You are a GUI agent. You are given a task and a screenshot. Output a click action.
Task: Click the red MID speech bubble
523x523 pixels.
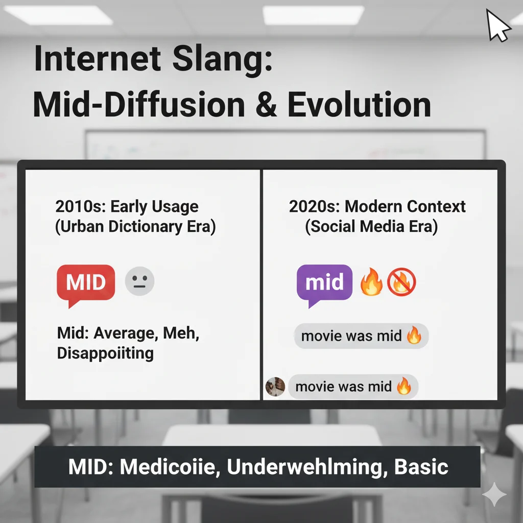[86, 283]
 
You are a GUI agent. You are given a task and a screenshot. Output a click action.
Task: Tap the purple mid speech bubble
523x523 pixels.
[324, 283]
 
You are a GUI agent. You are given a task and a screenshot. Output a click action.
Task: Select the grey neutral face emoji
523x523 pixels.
[139, 281]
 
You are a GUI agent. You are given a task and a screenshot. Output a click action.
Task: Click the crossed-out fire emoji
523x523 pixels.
[401, 282]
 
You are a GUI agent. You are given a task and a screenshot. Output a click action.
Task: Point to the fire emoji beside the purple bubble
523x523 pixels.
[371, 282]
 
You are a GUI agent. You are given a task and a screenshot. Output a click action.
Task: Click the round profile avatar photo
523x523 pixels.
[275, 387]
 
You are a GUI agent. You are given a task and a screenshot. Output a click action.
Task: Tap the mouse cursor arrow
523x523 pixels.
[497, 26]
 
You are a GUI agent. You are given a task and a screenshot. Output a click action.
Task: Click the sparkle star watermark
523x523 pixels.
[494, 494]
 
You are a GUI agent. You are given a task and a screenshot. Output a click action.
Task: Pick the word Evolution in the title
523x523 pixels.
[359, 104]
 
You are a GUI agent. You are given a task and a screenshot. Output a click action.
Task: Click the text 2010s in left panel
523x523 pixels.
[80, 206]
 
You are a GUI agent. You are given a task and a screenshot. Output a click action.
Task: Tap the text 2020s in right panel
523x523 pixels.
[314, 206]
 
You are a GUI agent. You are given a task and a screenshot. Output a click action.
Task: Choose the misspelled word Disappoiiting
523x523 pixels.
[105, 353]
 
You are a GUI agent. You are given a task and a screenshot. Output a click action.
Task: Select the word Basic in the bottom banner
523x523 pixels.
[421, 466]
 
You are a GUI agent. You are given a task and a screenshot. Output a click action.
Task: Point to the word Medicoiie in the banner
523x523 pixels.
[170, 466]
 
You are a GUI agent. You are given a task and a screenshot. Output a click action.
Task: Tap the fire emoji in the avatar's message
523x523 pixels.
[403, 386]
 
